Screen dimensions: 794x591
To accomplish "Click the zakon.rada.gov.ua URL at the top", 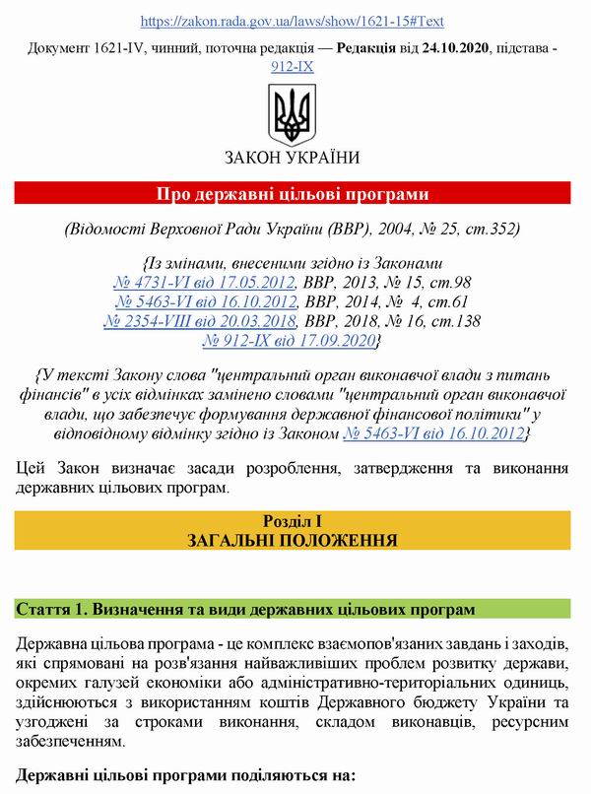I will [293, 20].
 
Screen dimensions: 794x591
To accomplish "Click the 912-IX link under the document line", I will [292, 68].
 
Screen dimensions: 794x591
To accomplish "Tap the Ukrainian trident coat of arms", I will [292, 115].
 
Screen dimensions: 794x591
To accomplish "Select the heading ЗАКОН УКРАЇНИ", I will [293, 158].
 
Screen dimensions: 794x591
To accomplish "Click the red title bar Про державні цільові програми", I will [294, 193].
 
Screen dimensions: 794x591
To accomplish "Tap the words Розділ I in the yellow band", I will [294, 520].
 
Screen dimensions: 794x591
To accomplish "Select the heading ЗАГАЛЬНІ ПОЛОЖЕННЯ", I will [294, 540].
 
